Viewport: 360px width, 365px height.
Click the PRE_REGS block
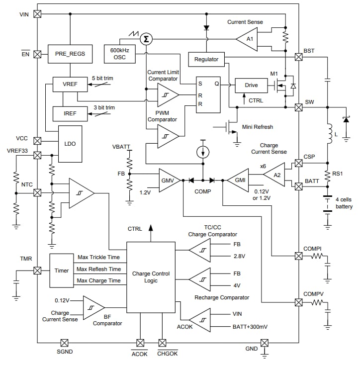click(x=70, y=54)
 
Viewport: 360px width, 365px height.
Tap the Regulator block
click(x=206, y=59)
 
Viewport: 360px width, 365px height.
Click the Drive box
click(x=251, y=85)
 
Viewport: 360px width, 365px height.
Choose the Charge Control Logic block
click(x=151, y=277)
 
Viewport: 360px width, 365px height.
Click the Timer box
click(x=62, y=271)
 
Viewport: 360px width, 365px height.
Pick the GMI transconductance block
click(x=238, y=180)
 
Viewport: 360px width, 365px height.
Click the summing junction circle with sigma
click(x=146, y=39)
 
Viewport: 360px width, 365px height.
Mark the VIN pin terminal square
click(x=37, y=14)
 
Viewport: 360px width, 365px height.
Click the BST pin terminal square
click(x=299, y=57)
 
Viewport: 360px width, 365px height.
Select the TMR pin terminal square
click(x=37, y=271)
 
